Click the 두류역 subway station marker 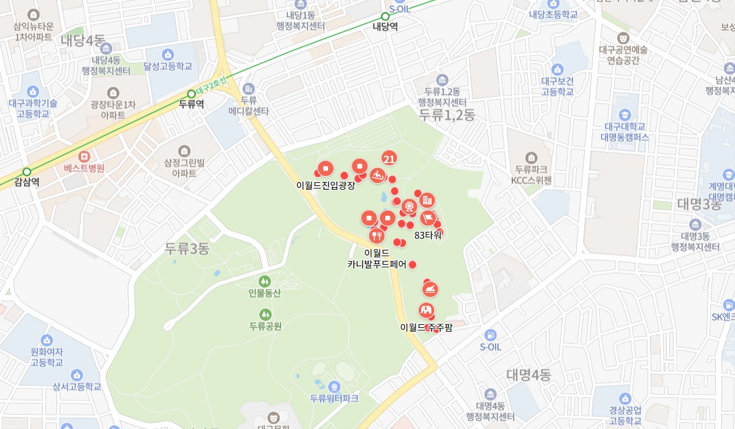191,94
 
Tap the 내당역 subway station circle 385,17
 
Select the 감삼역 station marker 26,172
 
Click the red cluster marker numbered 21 390,159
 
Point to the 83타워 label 428,235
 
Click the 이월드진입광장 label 326,185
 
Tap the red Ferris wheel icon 409,206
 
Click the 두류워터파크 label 334,398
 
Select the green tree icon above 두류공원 265,314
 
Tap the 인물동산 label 265,293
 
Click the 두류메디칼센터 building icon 249,89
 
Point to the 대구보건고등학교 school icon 557,69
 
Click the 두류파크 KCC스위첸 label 531,174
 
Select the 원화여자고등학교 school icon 47,340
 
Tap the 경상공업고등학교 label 625,415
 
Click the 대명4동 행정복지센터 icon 491,394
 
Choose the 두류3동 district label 187,249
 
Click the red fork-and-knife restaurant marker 376,236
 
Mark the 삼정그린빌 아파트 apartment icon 184,151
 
